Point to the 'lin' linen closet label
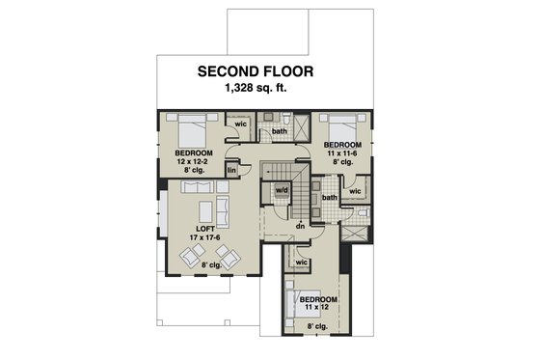pyautogui.click(x=231, y=171)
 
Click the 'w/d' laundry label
pyautogui.click(x=283, y=190)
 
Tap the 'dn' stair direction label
pyautogui.click(x=301, y=226)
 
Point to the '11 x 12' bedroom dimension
pyautogui.click(x=318, y=310)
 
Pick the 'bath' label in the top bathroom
pyautogui.click(x=280, y=130)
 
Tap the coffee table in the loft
pyautogui.click(x=205, y=211)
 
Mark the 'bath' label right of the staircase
pyautogui.click(x=330, y=198)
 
